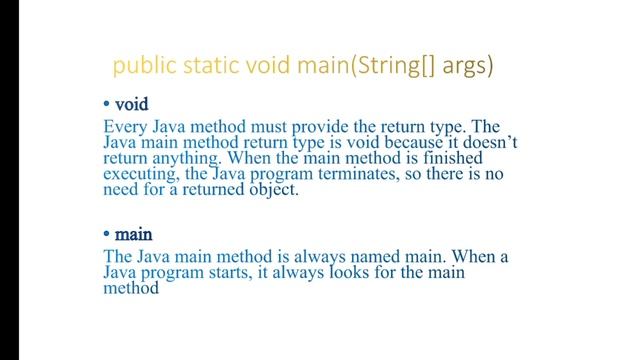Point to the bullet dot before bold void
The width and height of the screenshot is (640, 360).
click(x=107, y=105)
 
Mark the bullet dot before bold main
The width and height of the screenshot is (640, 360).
click(x=107, y=236)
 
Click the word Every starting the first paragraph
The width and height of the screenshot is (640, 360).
click(x=127, y=127)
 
